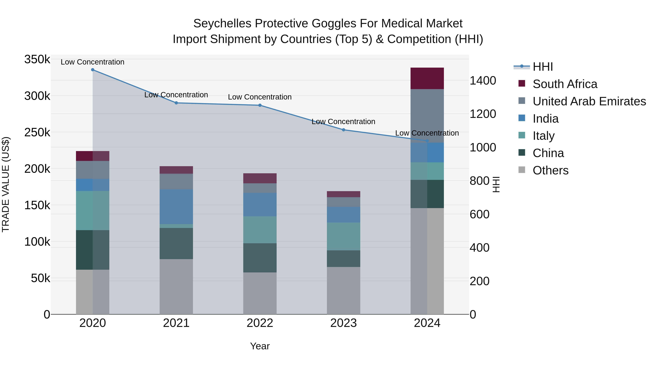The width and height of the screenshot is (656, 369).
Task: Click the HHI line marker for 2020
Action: tap(93, 70)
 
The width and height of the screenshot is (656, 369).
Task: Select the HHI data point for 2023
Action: tap(343, 130)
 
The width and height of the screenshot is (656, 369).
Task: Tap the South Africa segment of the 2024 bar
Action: tap(427, 78)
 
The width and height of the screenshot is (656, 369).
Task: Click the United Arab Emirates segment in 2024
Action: tap(427, 116)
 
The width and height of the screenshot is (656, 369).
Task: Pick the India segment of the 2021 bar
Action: tap(176, 207)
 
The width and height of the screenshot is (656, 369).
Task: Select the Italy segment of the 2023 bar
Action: tap(343, 237)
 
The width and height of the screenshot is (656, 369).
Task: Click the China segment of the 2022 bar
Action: tap(260, 258)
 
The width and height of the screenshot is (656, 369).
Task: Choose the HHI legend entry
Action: tap(542, 67)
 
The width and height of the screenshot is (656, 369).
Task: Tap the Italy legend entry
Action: tap(543, 136)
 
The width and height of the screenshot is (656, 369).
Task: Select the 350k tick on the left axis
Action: tap(37, 60)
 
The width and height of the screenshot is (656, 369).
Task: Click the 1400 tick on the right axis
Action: tap(483, 81)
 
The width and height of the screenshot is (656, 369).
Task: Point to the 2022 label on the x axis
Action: tap(260, 323)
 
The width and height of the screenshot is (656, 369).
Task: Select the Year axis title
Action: tap(260, 346)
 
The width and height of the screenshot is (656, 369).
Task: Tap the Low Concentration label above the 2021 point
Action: tap(176, 95)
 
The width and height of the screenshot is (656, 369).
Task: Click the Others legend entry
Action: tap(550, 170)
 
